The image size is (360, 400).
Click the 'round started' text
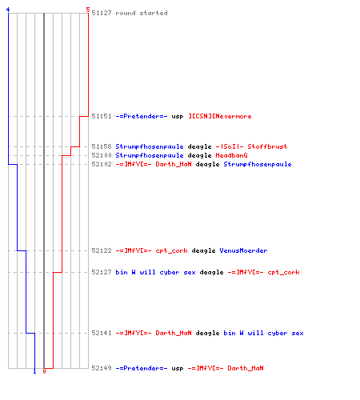point(142,13)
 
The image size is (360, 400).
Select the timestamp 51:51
point(102,116)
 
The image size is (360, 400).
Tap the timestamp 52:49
point(102,368)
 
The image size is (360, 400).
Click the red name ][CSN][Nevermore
point(220,116)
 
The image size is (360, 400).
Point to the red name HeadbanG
point(231,155)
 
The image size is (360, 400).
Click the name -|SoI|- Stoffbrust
point(251,146)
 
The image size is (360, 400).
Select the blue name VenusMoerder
point(243,250)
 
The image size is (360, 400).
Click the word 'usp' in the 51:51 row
point(178,117)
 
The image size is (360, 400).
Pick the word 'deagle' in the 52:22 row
point(203,251)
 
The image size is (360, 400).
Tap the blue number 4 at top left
point(8,10)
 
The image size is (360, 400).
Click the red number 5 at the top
point(88,10)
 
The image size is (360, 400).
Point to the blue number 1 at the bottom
point(34,371)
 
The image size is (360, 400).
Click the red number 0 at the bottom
point(44,371)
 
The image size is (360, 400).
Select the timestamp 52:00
point(102,155)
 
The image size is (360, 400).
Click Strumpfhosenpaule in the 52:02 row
point(258,164)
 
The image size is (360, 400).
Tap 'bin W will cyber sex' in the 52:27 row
point(155,272)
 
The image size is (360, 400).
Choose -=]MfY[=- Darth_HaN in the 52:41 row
point(154,333)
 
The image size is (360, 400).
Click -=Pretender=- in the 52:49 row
point(142,368)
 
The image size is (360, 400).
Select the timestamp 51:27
point(102,13)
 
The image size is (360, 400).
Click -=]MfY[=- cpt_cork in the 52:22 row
point(151,250)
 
